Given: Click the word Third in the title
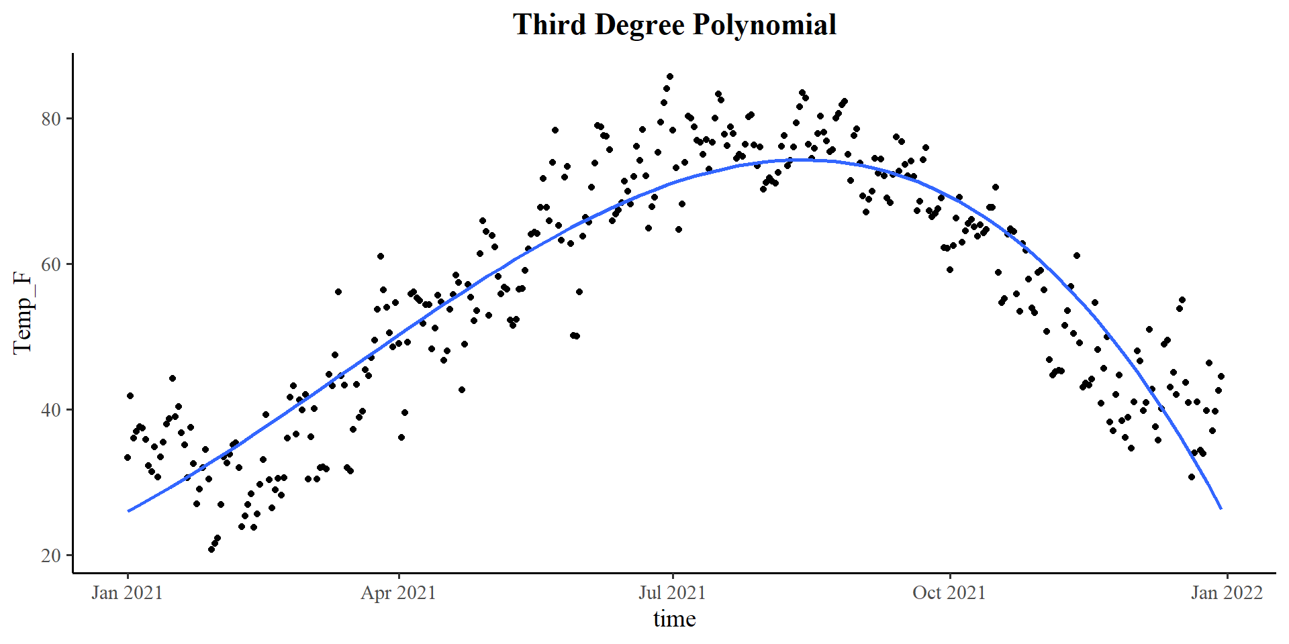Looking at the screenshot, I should (550, 25).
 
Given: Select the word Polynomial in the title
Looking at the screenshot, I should (765, 25).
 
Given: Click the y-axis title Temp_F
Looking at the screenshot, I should (23, 313).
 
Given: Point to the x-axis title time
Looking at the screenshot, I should (674, 619).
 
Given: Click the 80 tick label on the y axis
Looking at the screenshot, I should (51, 119).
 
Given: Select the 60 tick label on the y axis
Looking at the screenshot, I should (51, 264).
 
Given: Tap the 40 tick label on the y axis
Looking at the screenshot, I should (51, 410).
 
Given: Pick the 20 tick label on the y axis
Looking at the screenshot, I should (51, 555).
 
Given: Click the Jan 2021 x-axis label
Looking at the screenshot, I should (128, 593).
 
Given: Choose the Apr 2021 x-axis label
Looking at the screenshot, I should (399, 593).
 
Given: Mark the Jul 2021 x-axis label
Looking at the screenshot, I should (672, 593).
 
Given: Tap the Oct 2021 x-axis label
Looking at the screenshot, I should (949, 593).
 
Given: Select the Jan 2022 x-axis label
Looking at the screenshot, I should (1227, 593).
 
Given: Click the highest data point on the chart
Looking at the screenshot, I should (669, 76).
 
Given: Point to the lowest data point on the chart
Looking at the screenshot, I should (211, 549).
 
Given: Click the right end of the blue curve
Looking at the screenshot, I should (1221, 508).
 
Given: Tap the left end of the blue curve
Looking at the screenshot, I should (128, 511).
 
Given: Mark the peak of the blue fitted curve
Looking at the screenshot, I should (799, 160).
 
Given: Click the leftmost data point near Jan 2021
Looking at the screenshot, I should (128, 458).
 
